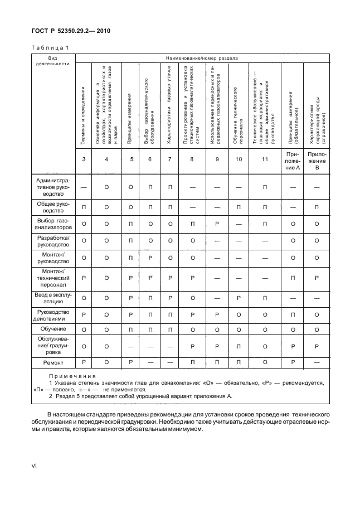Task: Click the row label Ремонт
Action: click(52, 362)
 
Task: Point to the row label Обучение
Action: click(52, 330)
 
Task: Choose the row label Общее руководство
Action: click(52, 208)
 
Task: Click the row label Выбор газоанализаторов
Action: click(52, 224)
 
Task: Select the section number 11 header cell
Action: click(265, 159)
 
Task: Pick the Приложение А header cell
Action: click(293, 159)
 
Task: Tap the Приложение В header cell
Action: click(316, 159)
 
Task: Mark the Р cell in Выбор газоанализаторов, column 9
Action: click(215, 224)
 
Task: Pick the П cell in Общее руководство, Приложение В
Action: click(316, 208)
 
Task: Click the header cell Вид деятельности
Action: click(52, 61)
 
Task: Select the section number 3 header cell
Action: click(83, 159)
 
